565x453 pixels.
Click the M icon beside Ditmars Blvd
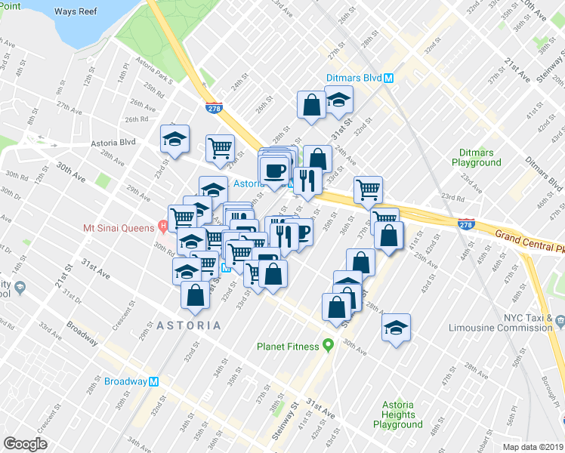click(x=389, y=78)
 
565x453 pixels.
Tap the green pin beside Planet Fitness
click(x=328, y=346)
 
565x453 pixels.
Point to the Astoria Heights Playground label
click(x=397, y=414)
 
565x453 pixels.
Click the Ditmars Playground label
click(x=476, y=157)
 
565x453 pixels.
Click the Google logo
click(x=25, y=444)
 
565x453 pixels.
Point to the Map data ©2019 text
click(x=533, y=447)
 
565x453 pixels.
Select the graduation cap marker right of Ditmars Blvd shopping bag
click(x=339, y=100)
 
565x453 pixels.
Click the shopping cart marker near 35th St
click(x=369, y=190)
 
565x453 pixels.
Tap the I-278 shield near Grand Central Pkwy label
click(x=466, y=223)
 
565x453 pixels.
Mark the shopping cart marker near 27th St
click(x=220, y=148)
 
